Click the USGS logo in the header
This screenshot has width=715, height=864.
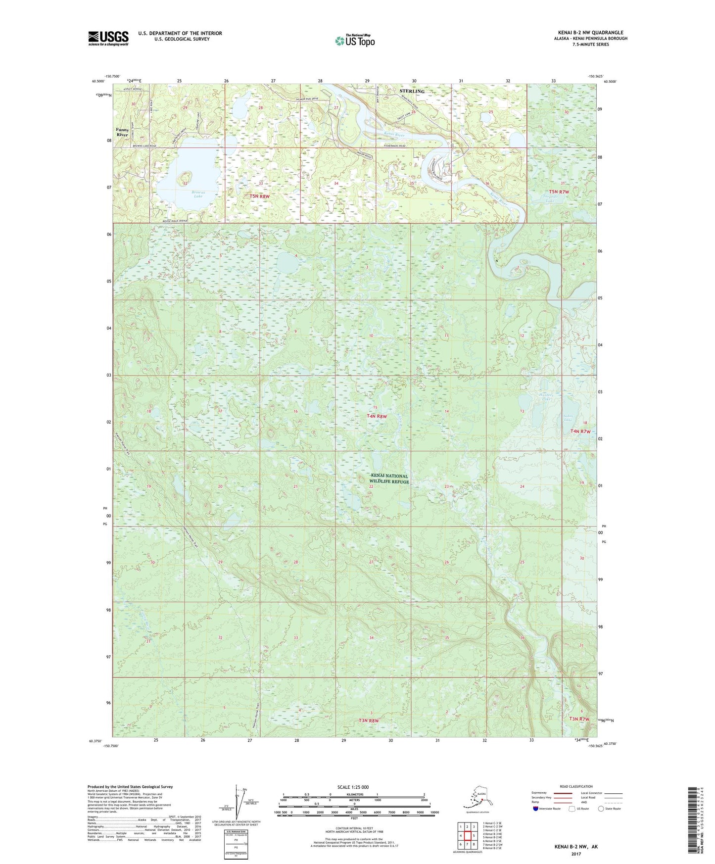tap(108, 38)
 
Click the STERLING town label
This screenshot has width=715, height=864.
tap(412, 91)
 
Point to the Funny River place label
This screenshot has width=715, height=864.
tap(122, 132)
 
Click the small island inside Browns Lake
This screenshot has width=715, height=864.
tap(186, 176)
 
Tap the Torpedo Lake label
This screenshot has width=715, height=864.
tap(550, 199)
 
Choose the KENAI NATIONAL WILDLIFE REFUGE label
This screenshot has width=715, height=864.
tap(389, 479)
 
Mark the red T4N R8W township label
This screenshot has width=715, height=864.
tap(377, 417)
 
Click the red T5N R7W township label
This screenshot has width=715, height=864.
tap(559, 192)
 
